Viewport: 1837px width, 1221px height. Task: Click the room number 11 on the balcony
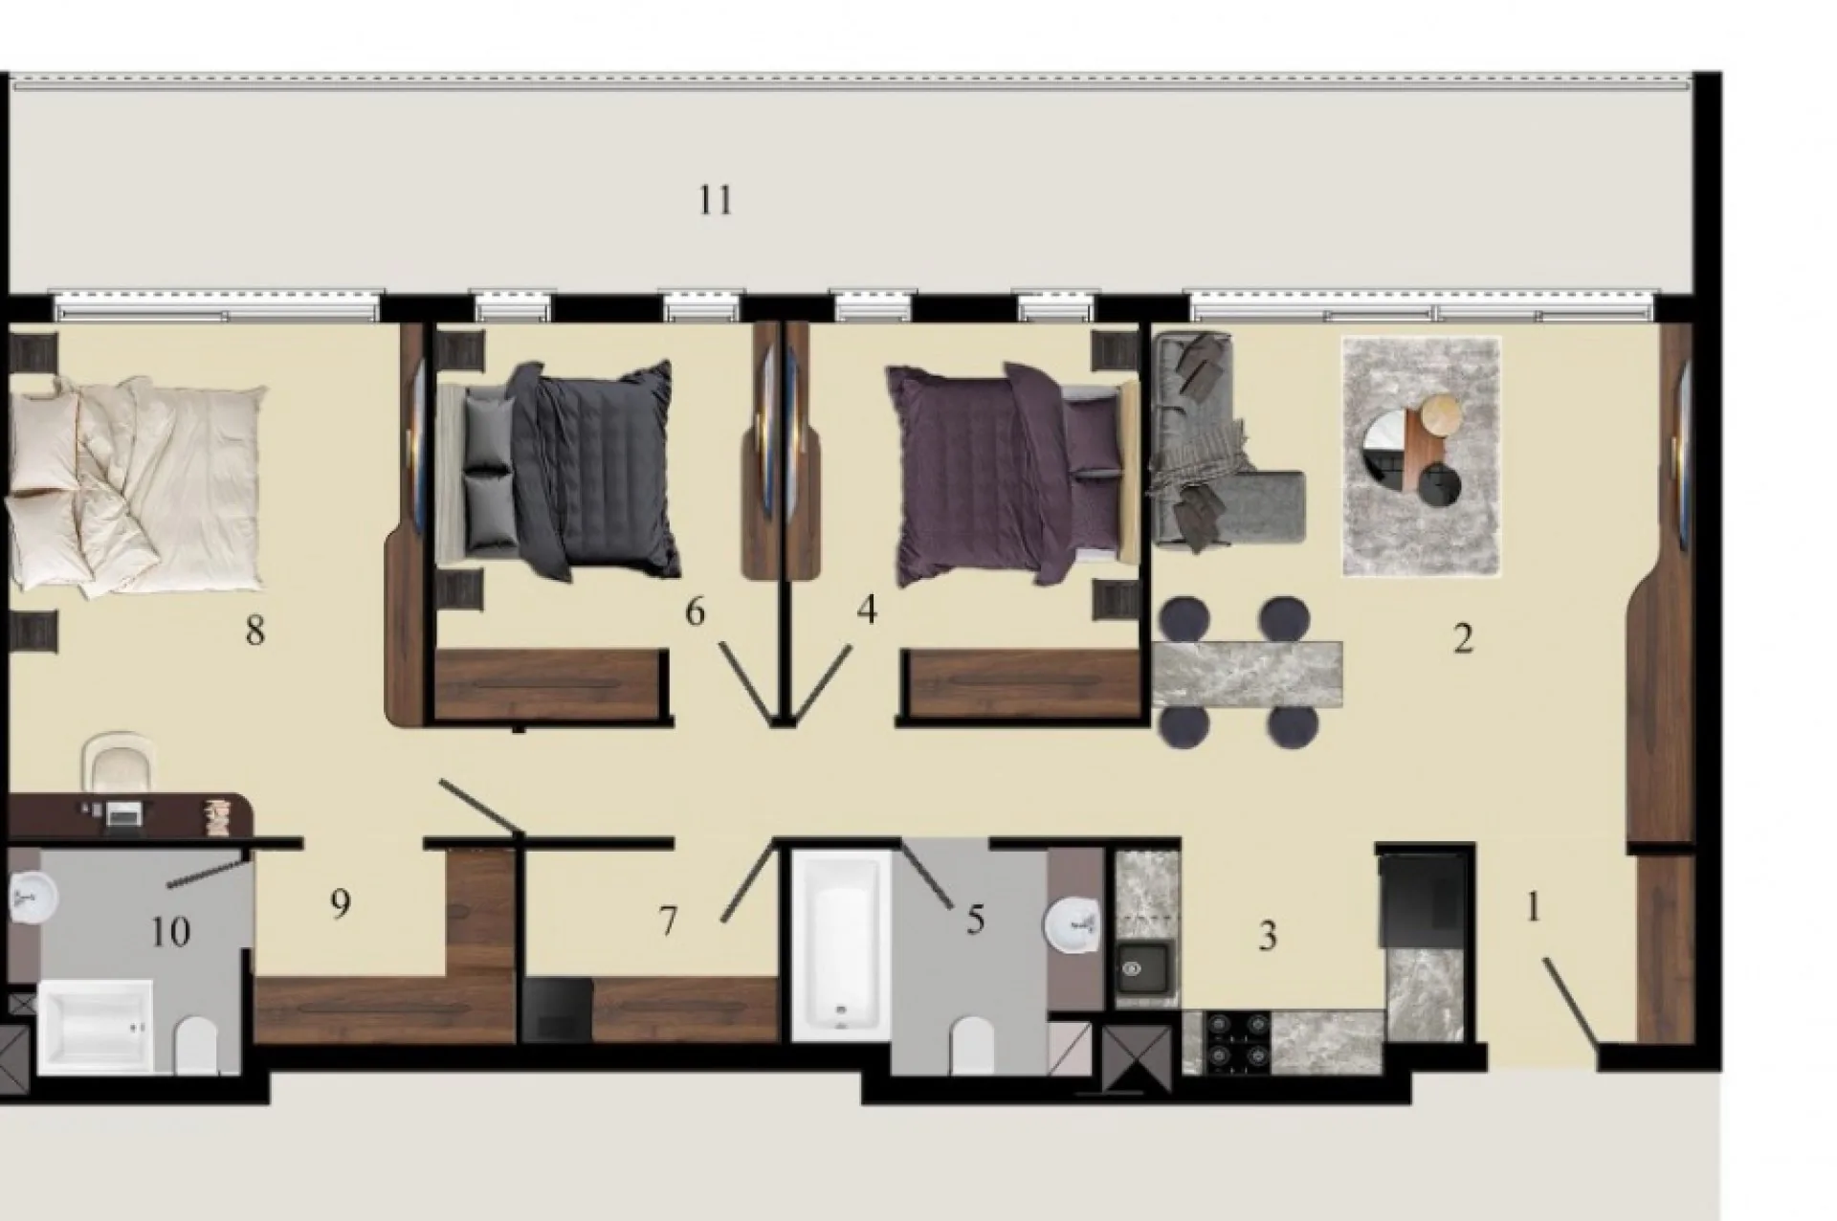(x=716, y=201)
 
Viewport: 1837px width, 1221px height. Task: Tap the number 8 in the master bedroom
(x=255, y=631)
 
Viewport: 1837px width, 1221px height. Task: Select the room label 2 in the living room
(x=1463, y=639)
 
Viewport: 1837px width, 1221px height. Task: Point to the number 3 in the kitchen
(x=1268, y=936)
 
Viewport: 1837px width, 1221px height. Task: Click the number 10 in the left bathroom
(x=170, y=931)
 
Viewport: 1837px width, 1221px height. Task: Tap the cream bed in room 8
(x=134, y=486)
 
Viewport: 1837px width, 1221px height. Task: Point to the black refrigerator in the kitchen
(x=1422, y=896)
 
